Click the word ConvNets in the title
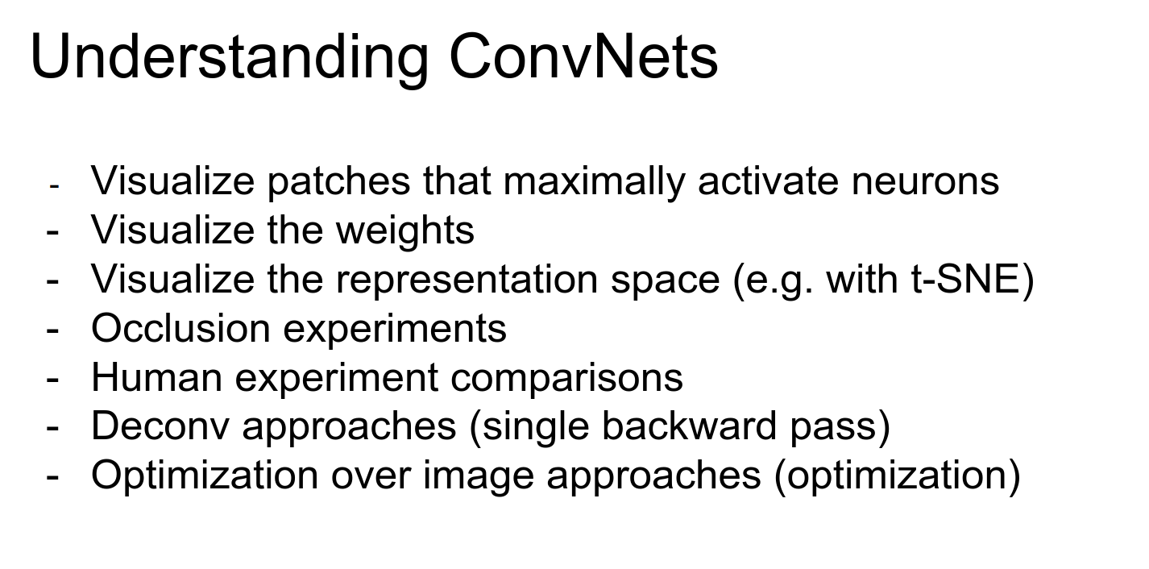click(x=583, y=56)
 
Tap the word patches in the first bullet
click(x=338, y=181)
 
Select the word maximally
click(x=594, y=181)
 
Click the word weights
click(x=405, y=231)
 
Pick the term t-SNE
click(x=964, y=279)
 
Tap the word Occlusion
click(x=180, y=328)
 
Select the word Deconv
click(x=160, y=426)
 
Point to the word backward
click(x=690, y=426)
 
